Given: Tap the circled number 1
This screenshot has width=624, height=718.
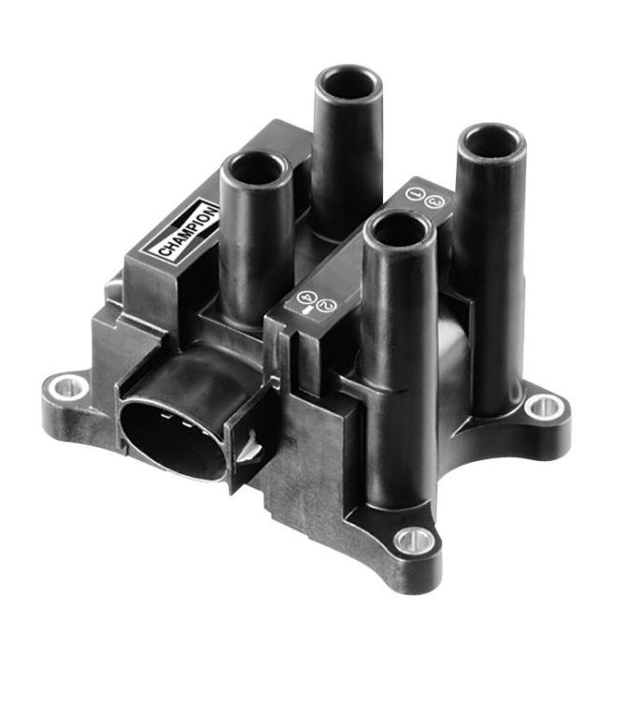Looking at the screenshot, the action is click(x=413, y=194).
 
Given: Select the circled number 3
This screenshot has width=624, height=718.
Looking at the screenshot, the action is click(x=433, y=201).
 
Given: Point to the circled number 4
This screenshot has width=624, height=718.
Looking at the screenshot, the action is click(x=305, y=297).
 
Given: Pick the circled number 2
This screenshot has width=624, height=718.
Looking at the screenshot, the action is click(x=327, y=305).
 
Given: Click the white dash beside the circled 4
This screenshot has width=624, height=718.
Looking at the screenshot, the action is click(x=307, y=310).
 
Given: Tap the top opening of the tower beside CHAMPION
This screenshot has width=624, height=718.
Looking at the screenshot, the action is click(x=257, y=169).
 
